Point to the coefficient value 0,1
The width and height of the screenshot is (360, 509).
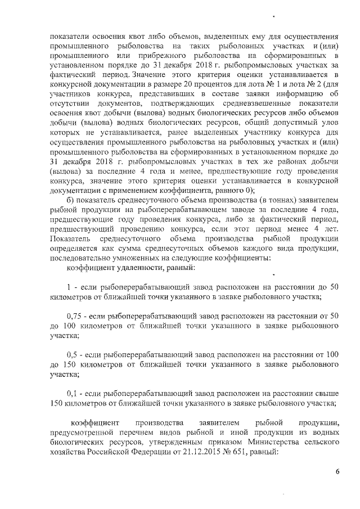[x=72, y=392]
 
